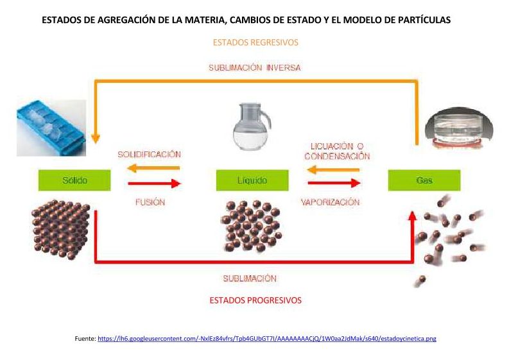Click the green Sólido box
coord(74,180)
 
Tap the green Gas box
coord(424,180)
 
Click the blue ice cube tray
coord(51,128)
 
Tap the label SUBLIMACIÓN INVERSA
coord(254,67)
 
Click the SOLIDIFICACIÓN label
coord(149,155)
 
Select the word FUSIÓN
coord(150,202)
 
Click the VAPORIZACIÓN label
coord(331,202)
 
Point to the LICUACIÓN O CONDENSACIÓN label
coord(337,151)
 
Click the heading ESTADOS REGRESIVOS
coord(255,43)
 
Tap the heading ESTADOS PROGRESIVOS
coord(255,300)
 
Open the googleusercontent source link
coord(266,338)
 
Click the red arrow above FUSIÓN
coord(154,184)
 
